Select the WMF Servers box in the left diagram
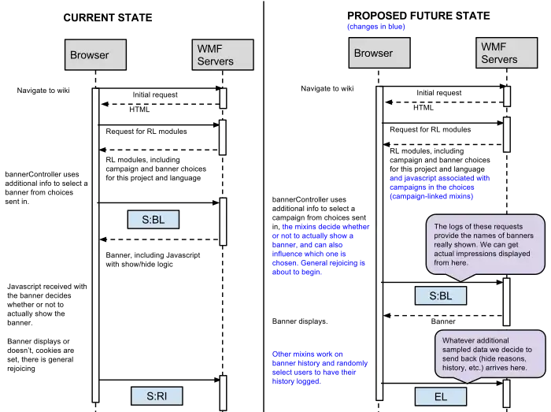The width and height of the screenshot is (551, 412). click(x=223, y=55)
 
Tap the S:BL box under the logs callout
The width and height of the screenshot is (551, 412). click(x=441, y=296)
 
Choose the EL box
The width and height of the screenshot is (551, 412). click(x=441, y=396)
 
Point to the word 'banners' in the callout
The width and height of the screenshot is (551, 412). click(x=517, y=236)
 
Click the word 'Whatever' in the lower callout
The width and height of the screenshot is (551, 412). click(x=459, y=340)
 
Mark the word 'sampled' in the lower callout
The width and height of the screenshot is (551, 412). click(x=457, y=349)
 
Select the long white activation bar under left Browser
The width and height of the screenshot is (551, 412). click(x=95, y=244)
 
